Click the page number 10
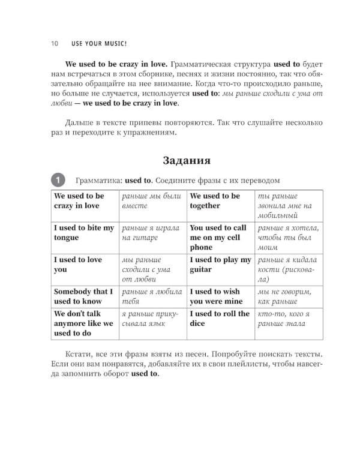tap(54, 44)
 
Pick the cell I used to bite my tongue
tap(83, 233)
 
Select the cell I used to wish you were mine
tap(216, 296)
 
